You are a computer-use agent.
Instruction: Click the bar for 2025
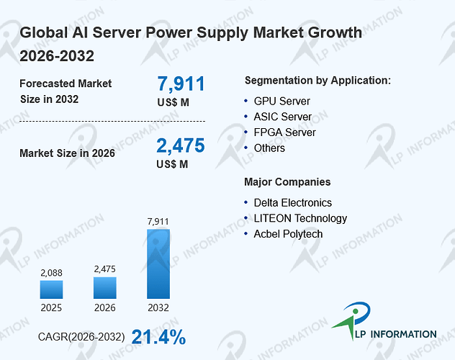51,289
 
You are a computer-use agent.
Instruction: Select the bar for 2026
105,288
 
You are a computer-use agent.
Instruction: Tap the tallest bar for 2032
158,264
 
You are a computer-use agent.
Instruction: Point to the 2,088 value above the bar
51,273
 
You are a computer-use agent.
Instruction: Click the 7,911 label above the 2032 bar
158,222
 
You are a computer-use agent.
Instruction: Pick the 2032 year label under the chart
158,307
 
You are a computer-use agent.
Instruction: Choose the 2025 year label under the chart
51,307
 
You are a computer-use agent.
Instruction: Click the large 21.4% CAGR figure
158,337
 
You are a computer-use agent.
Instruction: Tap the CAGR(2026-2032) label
81,337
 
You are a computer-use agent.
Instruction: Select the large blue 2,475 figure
181,145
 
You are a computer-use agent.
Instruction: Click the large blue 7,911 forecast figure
181,84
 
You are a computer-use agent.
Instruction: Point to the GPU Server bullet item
281,102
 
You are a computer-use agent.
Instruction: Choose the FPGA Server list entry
284,132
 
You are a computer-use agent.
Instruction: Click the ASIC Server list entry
283,117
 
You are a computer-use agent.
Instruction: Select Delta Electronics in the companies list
293,203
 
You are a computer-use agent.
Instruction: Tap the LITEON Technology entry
300,218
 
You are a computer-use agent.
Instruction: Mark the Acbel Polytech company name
288,234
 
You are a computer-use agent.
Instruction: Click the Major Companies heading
287,182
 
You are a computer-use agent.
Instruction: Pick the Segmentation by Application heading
317,81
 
